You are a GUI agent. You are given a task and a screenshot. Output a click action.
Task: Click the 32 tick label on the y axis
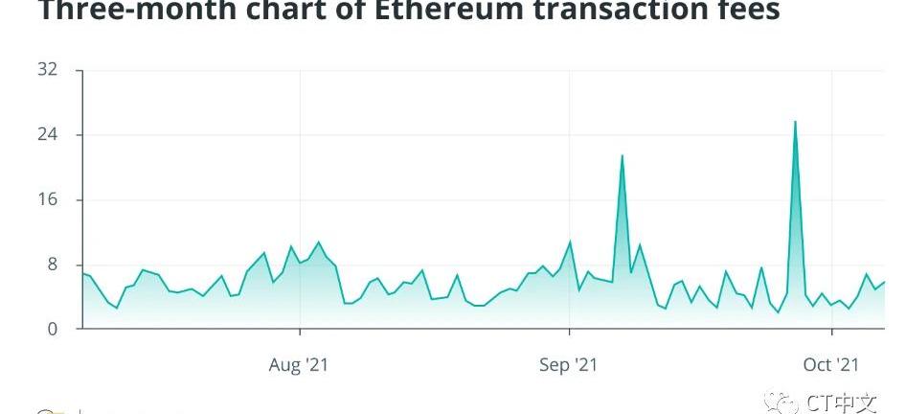pos(48,70)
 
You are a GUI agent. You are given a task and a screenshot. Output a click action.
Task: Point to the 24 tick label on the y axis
pos(48,134)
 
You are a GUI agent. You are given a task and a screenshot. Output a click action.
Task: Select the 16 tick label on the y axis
pos(48,199)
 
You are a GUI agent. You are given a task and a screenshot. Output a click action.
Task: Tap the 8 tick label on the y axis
pos(53,264)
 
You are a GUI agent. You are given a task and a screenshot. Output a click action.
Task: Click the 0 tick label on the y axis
pos(53,329)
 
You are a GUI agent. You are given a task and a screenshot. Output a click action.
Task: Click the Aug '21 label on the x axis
pos(300,365)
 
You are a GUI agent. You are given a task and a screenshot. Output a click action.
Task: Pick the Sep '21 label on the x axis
pos(569,365)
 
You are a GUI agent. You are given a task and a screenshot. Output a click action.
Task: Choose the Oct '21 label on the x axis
pos(831,365)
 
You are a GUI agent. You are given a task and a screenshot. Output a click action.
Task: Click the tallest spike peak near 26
pos(795,122)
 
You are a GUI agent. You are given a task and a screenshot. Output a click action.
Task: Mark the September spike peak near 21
pos(623,155)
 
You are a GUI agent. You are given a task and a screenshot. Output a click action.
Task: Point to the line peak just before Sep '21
pos(570,241)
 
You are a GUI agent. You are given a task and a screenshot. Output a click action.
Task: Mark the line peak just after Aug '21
pos(319,242)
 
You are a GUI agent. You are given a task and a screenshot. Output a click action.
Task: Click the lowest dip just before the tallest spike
pos(778,312)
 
